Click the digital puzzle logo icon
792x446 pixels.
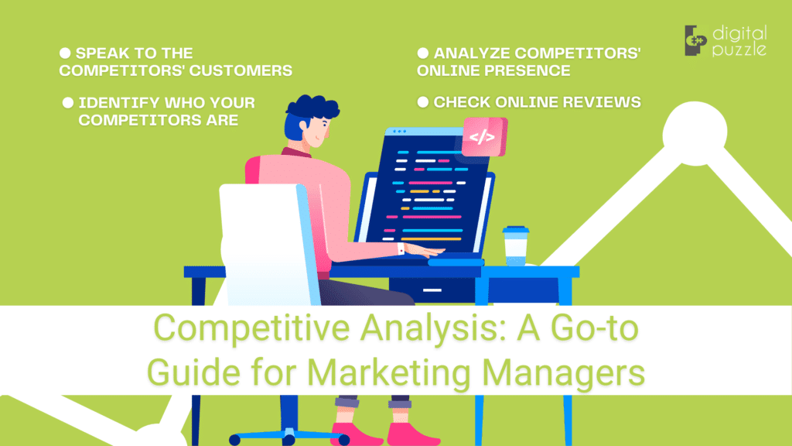point(696,40)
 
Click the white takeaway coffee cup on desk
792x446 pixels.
point(514,245)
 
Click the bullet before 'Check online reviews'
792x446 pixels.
point(423,101)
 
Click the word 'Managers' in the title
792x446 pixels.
point(568,372)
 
